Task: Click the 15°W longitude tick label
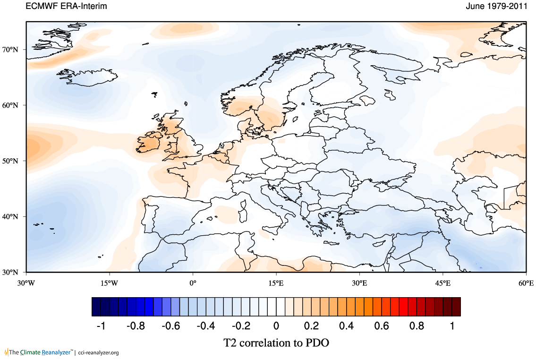110,283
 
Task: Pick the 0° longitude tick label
193,283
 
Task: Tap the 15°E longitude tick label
276,283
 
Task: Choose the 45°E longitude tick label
443,283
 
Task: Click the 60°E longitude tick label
526,283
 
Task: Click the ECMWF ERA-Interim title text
67,7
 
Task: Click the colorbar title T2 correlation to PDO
276,343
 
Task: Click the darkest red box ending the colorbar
456,307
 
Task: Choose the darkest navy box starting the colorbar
96,307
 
